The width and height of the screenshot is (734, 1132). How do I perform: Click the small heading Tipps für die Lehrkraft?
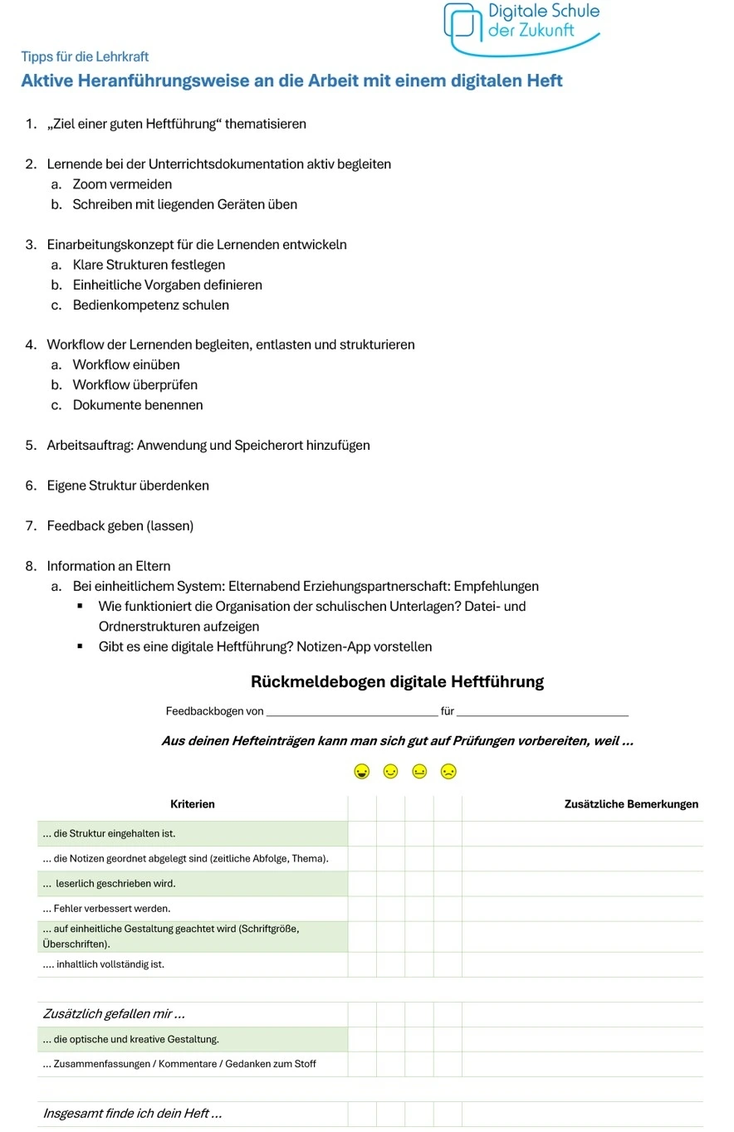pos(85,56)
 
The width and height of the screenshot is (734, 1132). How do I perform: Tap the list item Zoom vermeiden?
pos(122,184)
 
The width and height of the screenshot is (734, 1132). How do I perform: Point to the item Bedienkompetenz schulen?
pos(150,305)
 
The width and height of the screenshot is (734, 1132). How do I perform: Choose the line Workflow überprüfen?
pos(135,385)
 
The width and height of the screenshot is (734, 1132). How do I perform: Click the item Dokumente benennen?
pos(137,405)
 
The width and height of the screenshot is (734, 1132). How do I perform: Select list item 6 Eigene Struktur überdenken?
pos(127,485)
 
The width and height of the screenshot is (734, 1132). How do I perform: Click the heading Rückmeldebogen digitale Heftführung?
pos(397,682)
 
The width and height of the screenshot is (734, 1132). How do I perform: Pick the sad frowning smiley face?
pos(449,773)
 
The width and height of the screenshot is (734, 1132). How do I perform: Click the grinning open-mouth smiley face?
pos(361,773)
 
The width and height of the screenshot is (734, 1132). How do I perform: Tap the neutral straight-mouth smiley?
pos(419,773)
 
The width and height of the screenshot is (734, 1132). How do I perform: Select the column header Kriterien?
pos(192,804)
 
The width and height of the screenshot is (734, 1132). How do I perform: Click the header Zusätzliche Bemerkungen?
pos(630,804)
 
